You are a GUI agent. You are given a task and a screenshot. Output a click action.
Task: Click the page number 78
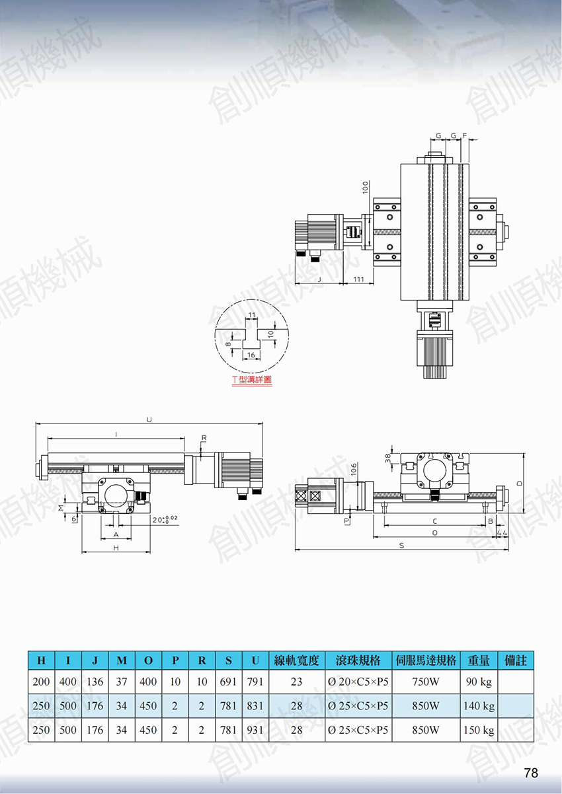click(x=531, y=772)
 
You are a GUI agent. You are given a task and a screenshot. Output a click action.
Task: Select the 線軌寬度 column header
click(x=297, y=661)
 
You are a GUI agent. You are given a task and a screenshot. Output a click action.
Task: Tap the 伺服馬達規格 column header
click(x=426, y=661)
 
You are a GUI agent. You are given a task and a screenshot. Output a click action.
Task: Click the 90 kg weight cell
click(x=479, y=682)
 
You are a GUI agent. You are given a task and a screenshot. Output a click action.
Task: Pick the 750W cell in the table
click(x=426, y=681)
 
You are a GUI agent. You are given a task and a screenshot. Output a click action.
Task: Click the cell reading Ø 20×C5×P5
click(x=358, y=681)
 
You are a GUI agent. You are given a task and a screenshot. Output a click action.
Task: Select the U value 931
click(x=255, y=730)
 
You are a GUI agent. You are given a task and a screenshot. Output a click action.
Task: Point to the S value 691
click(x=229, y=681)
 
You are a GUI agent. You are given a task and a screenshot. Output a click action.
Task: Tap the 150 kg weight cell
click(x=479, y=730)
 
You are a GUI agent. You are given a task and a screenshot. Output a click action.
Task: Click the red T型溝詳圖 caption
click(x=252, y=380)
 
